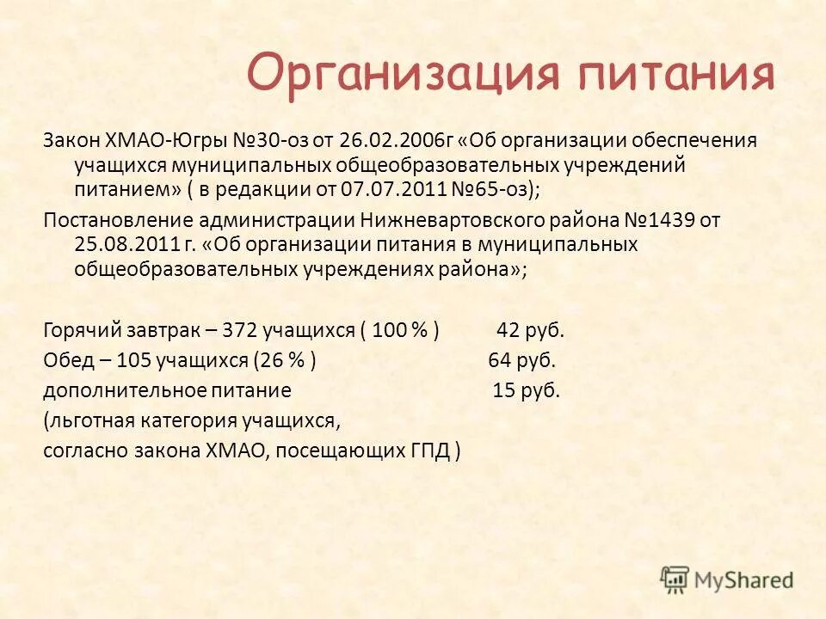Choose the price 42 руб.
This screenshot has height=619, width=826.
click(530, 330)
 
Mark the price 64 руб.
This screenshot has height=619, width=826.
click(522, 360)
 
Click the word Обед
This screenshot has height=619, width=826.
click(66, 360)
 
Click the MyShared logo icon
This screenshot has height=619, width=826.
click(675, 579)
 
